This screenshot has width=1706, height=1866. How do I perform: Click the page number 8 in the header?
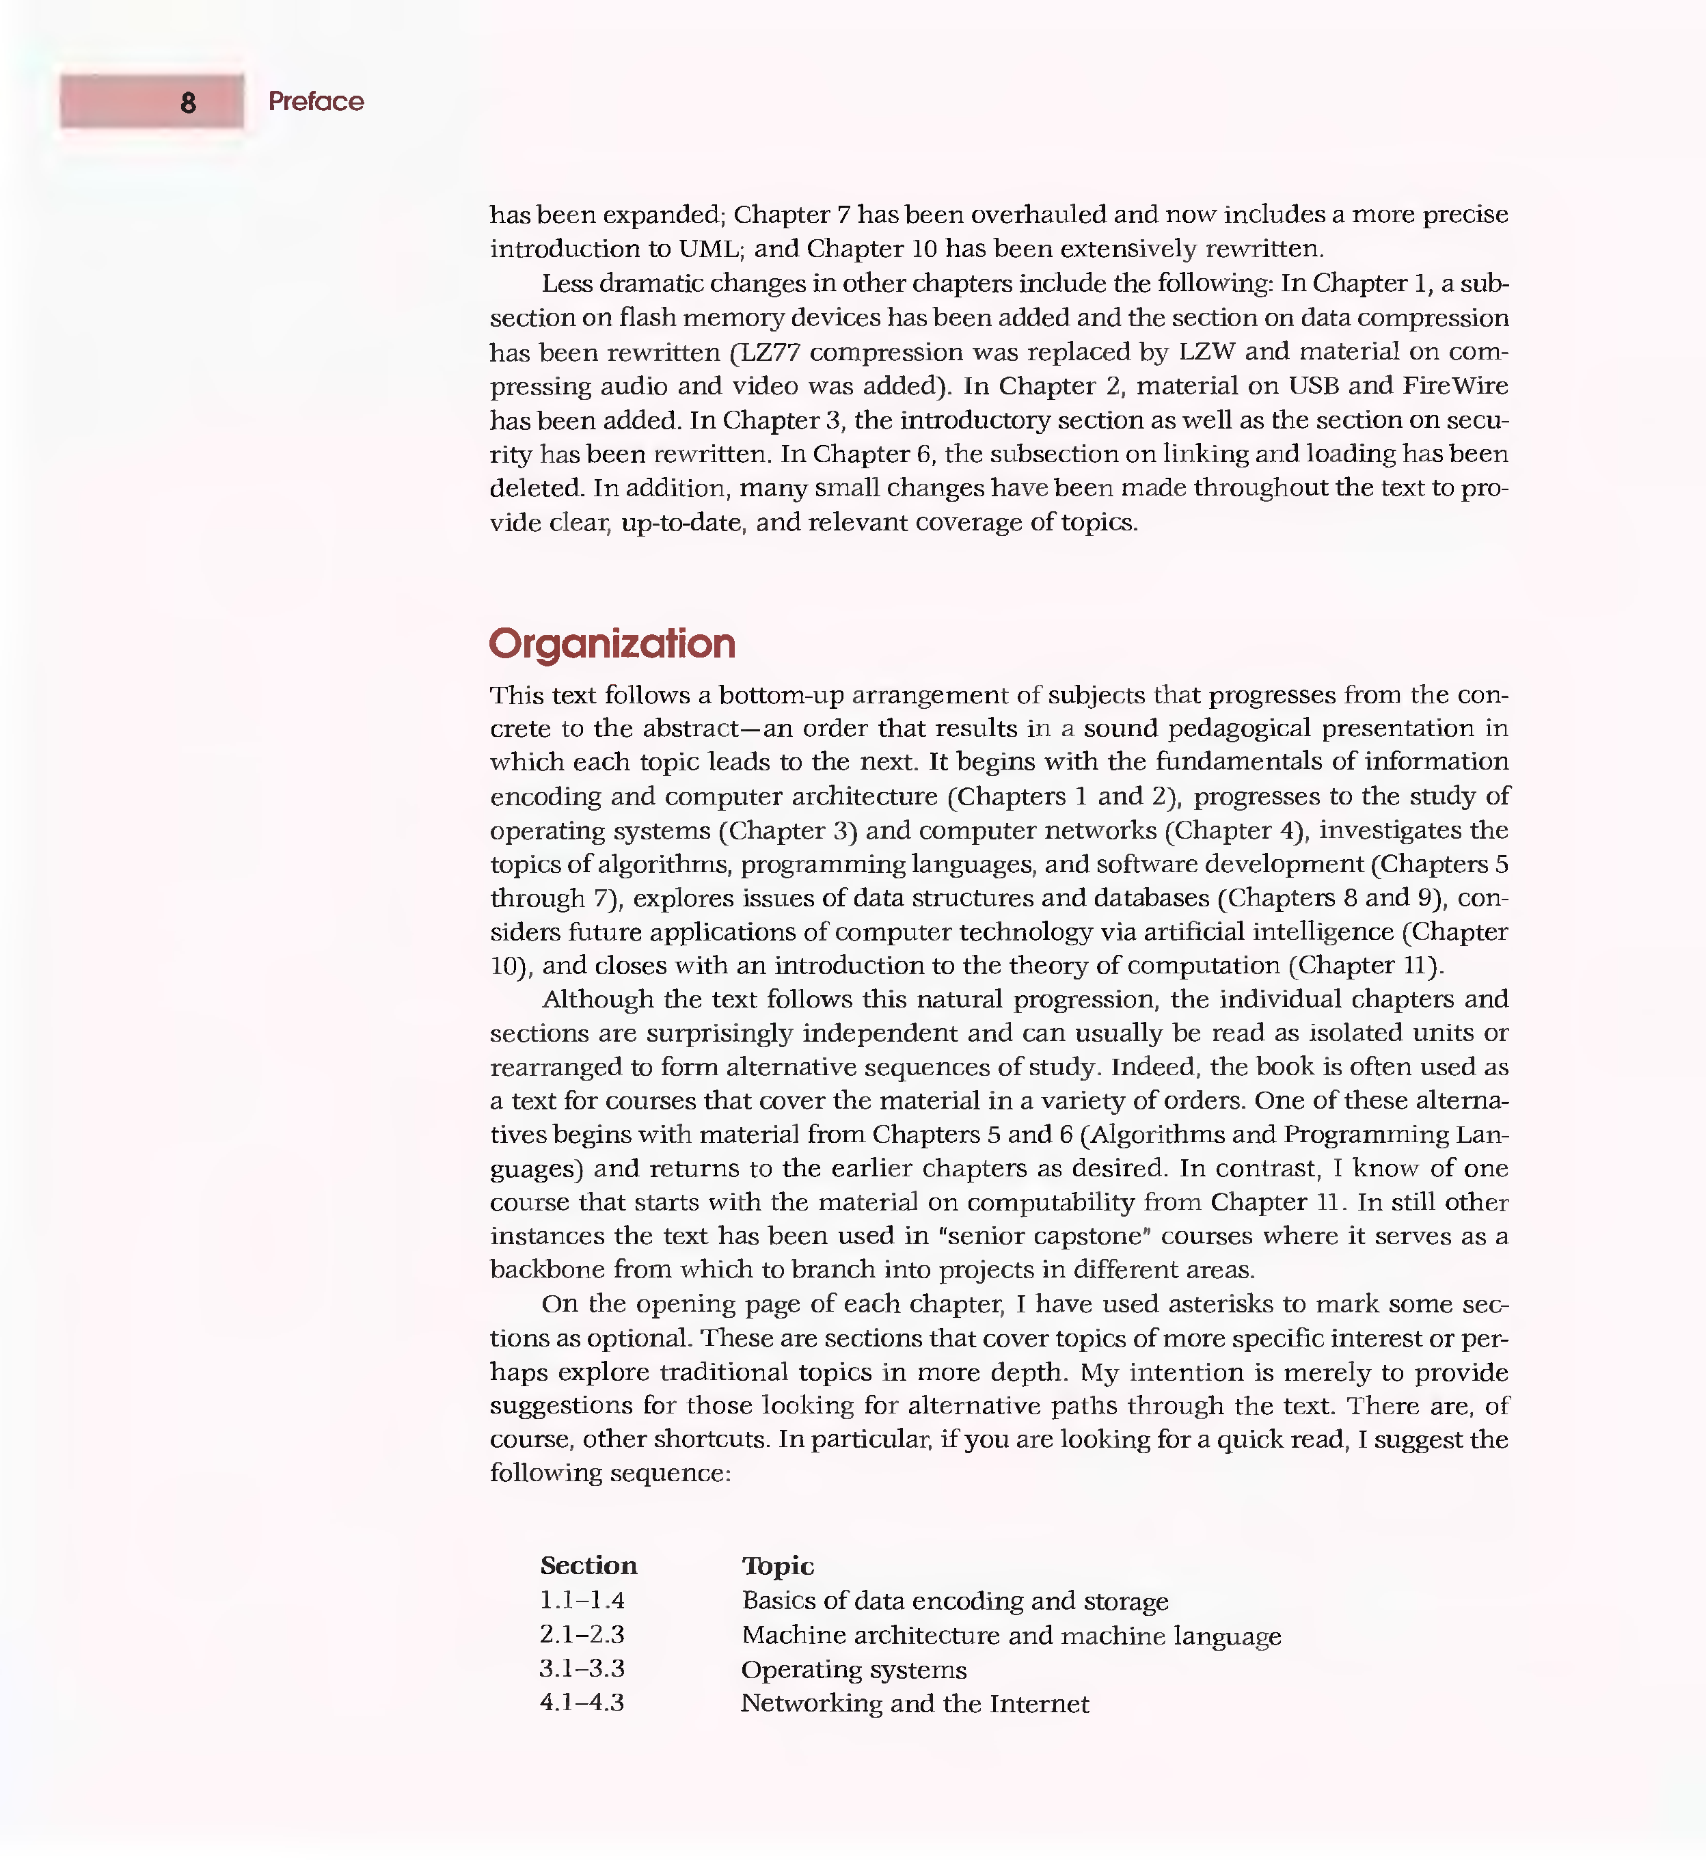click(x=188, y=103)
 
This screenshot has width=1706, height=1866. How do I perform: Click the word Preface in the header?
click(x=316, y=102)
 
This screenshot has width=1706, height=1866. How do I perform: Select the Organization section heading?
click(x=612, y=644)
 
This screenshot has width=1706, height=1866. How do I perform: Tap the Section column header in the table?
click(x=588, y=1566)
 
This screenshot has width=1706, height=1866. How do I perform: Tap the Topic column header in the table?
click(x=778, y=1566)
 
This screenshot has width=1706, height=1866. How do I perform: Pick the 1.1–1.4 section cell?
click(x=582, y=1600)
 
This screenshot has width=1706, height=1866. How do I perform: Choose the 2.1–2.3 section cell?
click(x=582, y=1634)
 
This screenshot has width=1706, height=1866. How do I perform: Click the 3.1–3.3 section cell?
click(x=582, y=1669)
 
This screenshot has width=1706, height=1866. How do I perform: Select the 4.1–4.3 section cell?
click(x=582, y=1703)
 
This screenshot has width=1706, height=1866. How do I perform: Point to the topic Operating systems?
click(x=854, y=1670)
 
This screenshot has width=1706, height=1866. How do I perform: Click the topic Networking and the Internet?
click(x=915, y=1704)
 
